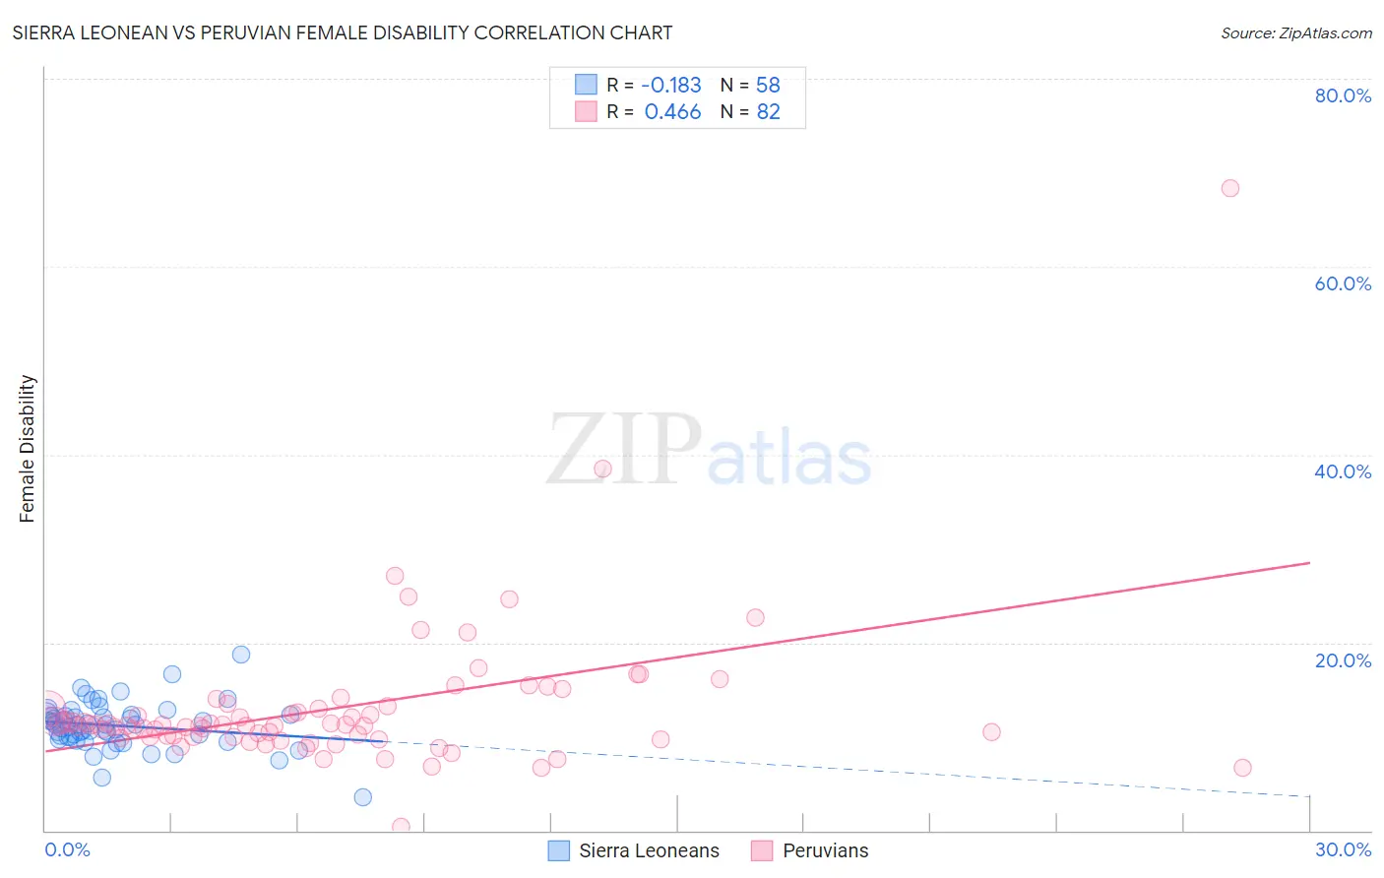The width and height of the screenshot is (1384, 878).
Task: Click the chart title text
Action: [343, 32]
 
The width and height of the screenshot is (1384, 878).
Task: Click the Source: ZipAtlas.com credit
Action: [1295, 32]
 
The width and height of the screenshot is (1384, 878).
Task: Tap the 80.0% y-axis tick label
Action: [1343, 95]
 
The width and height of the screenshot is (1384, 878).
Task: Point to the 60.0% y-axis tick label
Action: [1343, 283]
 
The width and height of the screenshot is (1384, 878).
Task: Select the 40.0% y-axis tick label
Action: [1343, 471]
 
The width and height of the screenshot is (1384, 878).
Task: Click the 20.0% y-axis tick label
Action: [1343, 660]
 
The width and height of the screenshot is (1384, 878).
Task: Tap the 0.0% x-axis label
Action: [67, 849]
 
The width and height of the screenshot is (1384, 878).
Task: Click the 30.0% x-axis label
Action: [1343, 849]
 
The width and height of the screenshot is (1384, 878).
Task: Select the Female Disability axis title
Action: [28, 448]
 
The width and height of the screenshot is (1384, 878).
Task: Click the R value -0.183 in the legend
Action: [671, 85]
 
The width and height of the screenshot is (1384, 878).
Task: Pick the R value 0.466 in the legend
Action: [672, 112]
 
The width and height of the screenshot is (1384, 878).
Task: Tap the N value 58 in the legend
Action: [768, 85]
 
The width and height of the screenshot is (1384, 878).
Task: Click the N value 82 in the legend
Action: [768, 112]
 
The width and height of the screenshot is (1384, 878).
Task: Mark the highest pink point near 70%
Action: [1229, 188]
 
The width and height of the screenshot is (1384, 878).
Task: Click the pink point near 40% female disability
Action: [602, 469]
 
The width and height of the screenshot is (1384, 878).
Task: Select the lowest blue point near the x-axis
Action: [362, 797]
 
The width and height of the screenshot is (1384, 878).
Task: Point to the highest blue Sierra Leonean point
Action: [241, 655]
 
